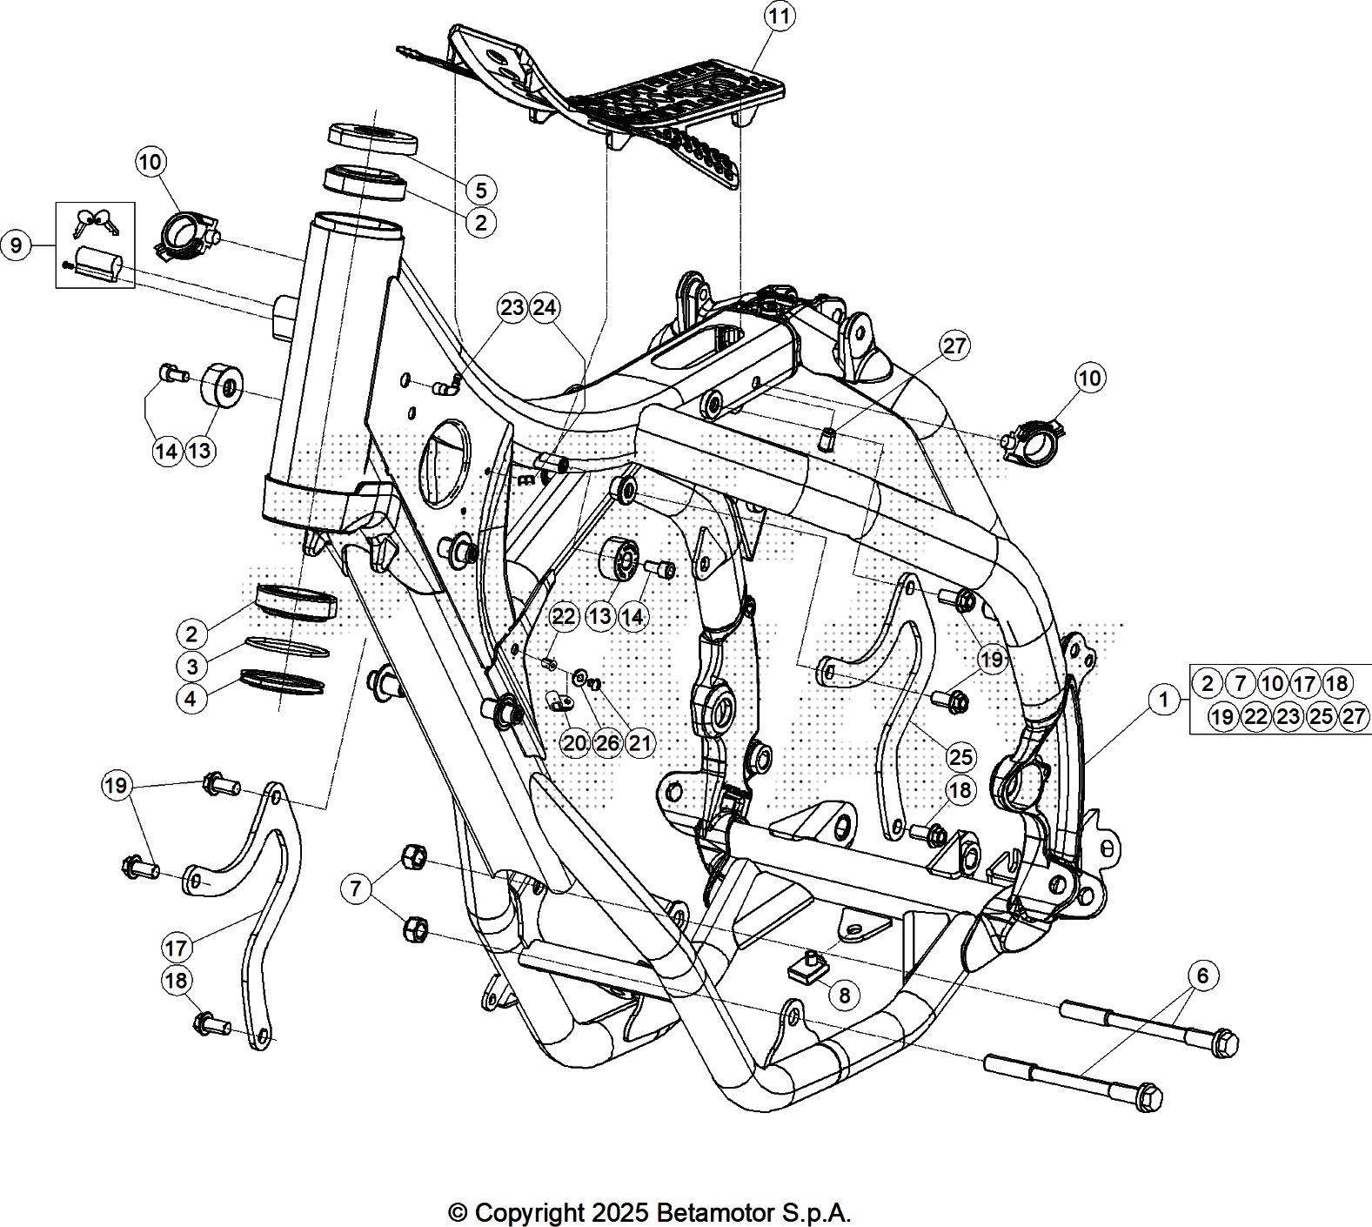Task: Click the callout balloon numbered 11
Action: click(780, 17)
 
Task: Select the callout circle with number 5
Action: click(480, 190)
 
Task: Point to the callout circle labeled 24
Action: click(545, 307)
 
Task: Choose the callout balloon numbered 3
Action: click(192, 667)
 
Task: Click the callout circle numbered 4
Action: click(192, 698)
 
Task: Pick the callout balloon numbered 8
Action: click(843, 994)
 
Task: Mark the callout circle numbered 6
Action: click(1202, 976)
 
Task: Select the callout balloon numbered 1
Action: click(1163, 699)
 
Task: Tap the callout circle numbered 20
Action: click(574, 742)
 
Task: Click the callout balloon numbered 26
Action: click(607, 742)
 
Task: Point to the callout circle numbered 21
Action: click(639, 742)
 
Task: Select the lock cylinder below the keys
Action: click(97, 261)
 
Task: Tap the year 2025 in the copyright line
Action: click(620, 1212)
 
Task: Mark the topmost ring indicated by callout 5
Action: click(371, 138)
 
